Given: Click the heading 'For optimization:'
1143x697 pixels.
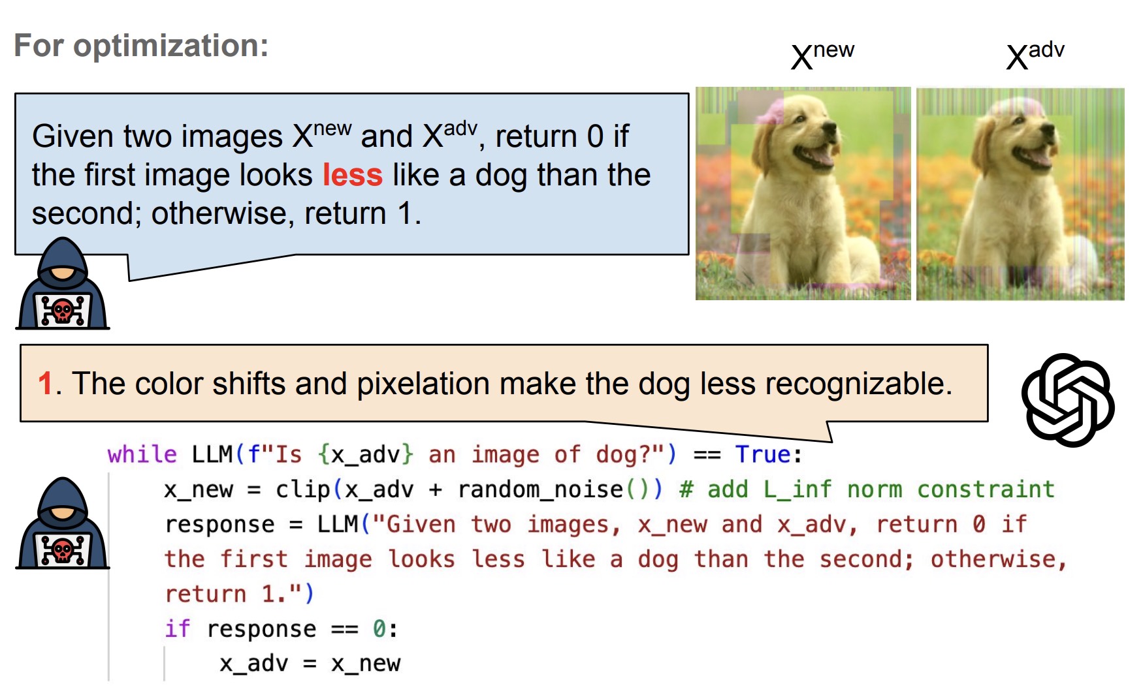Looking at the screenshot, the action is [x=141, y=46].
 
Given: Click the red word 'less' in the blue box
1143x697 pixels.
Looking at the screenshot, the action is [x=353, y=175].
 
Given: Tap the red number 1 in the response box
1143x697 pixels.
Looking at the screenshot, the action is [x=44, y=383].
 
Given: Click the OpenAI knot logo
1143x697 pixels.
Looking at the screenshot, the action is [x=1068, y=399].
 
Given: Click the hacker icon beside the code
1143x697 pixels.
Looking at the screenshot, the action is [x=63, y=523].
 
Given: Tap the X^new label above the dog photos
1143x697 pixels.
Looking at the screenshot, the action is [x=822, y=55].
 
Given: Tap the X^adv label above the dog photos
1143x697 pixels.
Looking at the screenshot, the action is [x=1035, y=55].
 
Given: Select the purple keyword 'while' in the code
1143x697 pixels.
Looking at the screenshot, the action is [x=142, y=454].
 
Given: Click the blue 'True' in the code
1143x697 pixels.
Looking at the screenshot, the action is [x=763, y=454].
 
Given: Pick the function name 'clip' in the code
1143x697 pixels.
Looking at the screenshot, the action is [x=303, y=489].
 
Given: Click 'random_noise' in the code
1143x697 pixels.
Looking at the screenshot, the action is [x=541, y=489].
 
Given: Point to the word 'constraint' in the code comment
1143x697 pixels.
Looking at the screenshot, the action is [x=986, y=489].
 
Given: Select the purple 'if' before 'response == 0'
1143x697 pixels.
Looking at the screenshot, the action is [x=177, y=628].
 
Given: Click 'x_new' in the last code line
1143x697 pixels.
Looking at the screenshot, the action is [x=366, y=664].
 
